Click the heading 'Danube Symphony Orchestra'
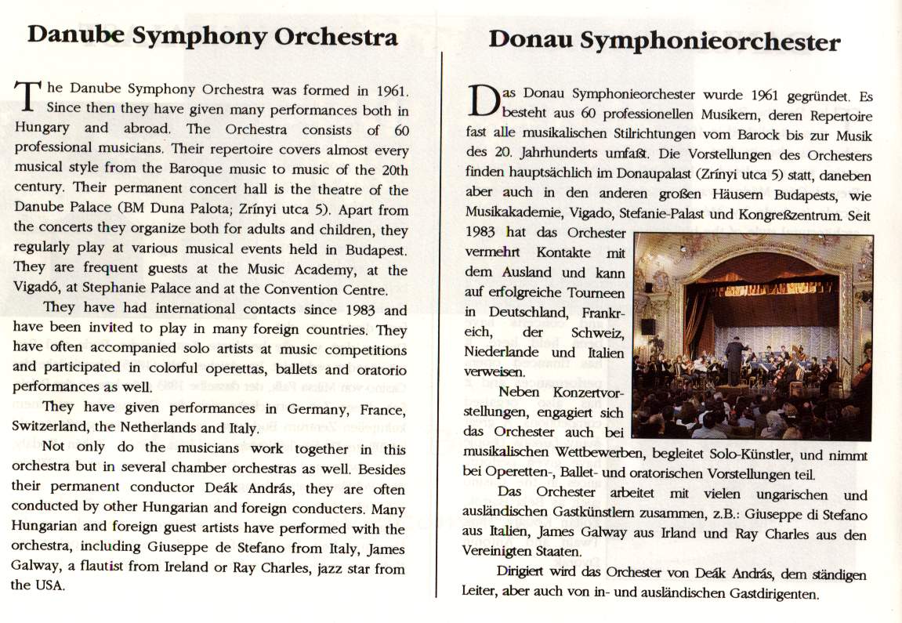coord(212,36)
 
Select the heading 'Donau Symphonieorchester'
coord(665,41)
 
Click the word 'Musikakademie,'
coord(515,212)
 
